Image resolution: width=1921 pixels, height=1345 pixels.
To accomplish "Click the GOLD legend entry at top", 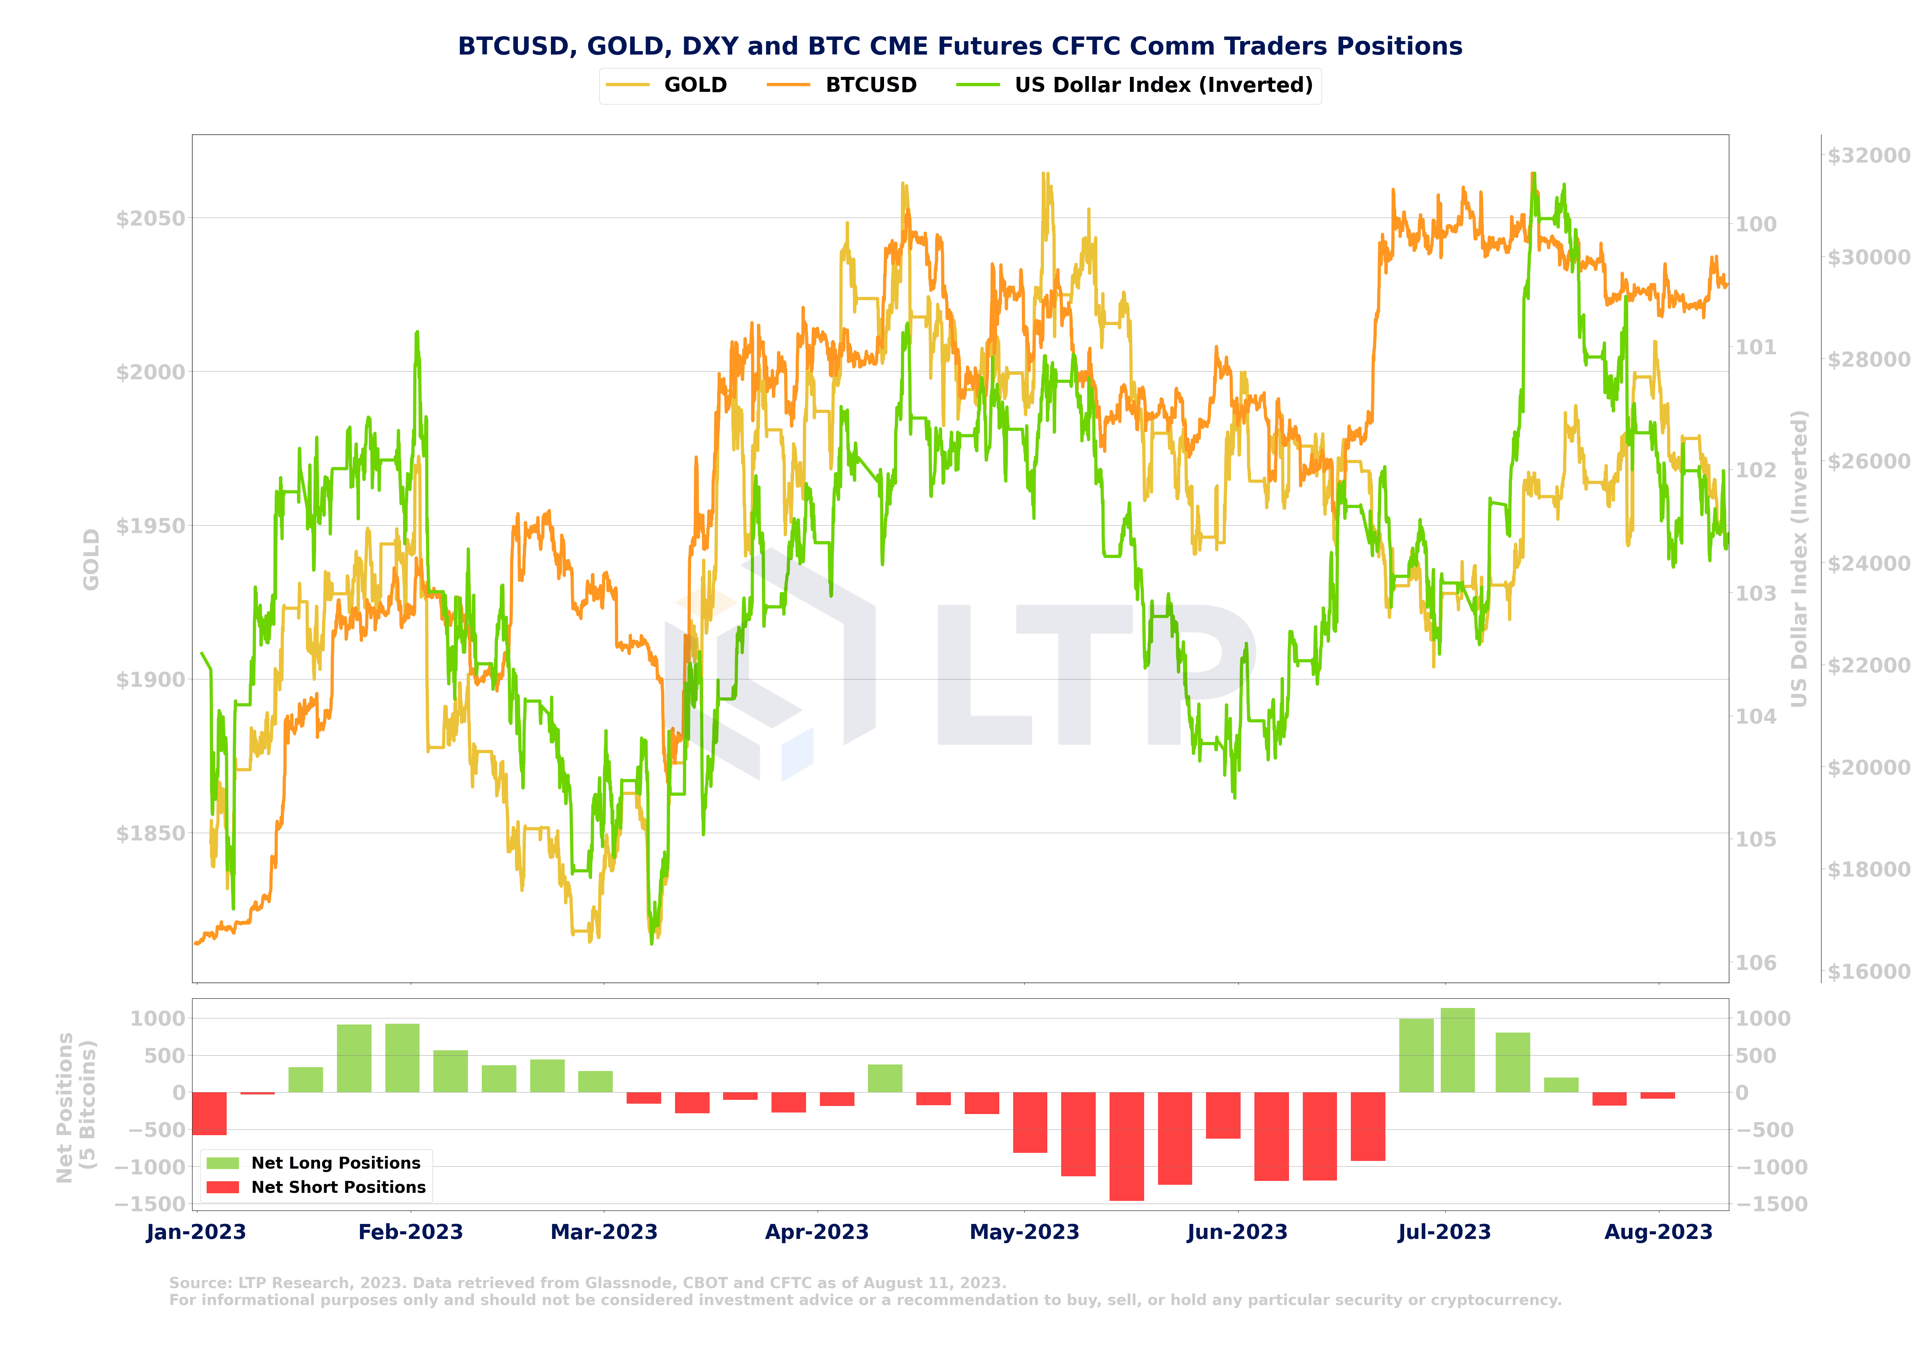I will pos(694,85).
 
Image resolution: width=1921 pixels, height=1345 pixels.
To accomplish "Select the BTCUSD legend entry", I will pos(870,85).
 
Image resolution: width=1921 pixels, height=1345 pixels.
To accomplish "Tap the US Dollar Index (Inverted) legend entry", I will pos(1163,85).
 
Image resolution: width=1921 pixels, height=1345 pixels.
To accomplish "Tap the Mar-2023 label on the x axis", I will pos(604,1232).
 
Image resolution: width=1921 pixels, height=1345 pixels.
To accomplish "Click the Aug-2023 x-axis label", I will pos(1658,1232).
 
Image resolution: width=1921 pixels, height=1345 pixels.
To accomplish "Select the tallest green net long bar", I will pos(1458,1050).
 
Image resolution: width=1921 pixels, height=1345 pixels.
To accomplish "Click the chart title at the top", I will pos(960,46).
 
